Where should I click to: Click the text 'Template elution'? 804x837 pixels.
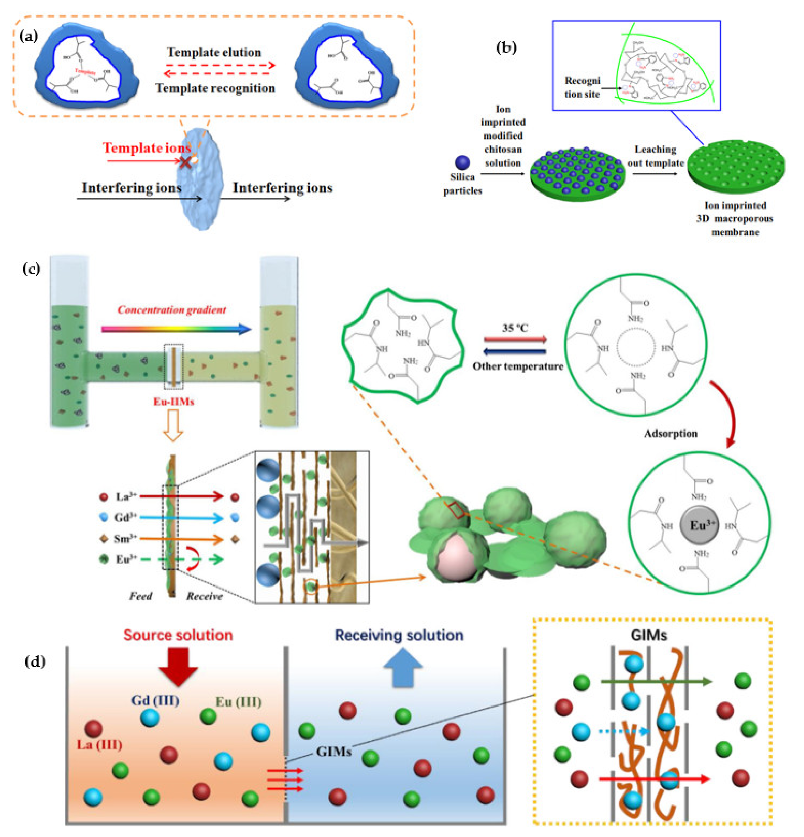[x=214, y=52]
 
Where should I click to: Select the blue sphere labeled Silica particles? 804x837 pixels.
[x=462, y=162]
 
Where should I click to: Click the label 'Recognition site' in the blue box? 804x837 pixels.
[x=582, y=87]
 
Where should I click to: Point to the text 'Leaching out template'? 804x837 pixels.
[x=655, y=156]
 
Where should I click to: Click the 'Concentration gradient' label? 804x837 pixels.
[x=171, y=310]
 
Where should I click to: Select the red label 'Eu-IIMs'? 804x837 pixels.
[x=174, y=401]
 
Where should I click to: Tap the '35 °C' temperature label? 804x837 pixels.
[x=515, y=328]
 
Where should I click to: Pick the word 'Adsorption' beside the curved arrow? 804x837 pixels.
[x=670, y=433]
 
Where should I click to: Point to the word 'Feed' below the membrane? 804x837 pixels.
[x=140, y=596]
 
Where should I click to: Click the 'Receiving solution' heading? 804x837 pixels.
[x=399, y=635]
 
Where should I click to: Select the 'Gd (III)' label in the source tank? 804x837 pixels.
[x=155, y=701]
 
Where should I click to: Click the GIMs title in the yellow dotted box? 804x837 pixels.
[x=648, y=635]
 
